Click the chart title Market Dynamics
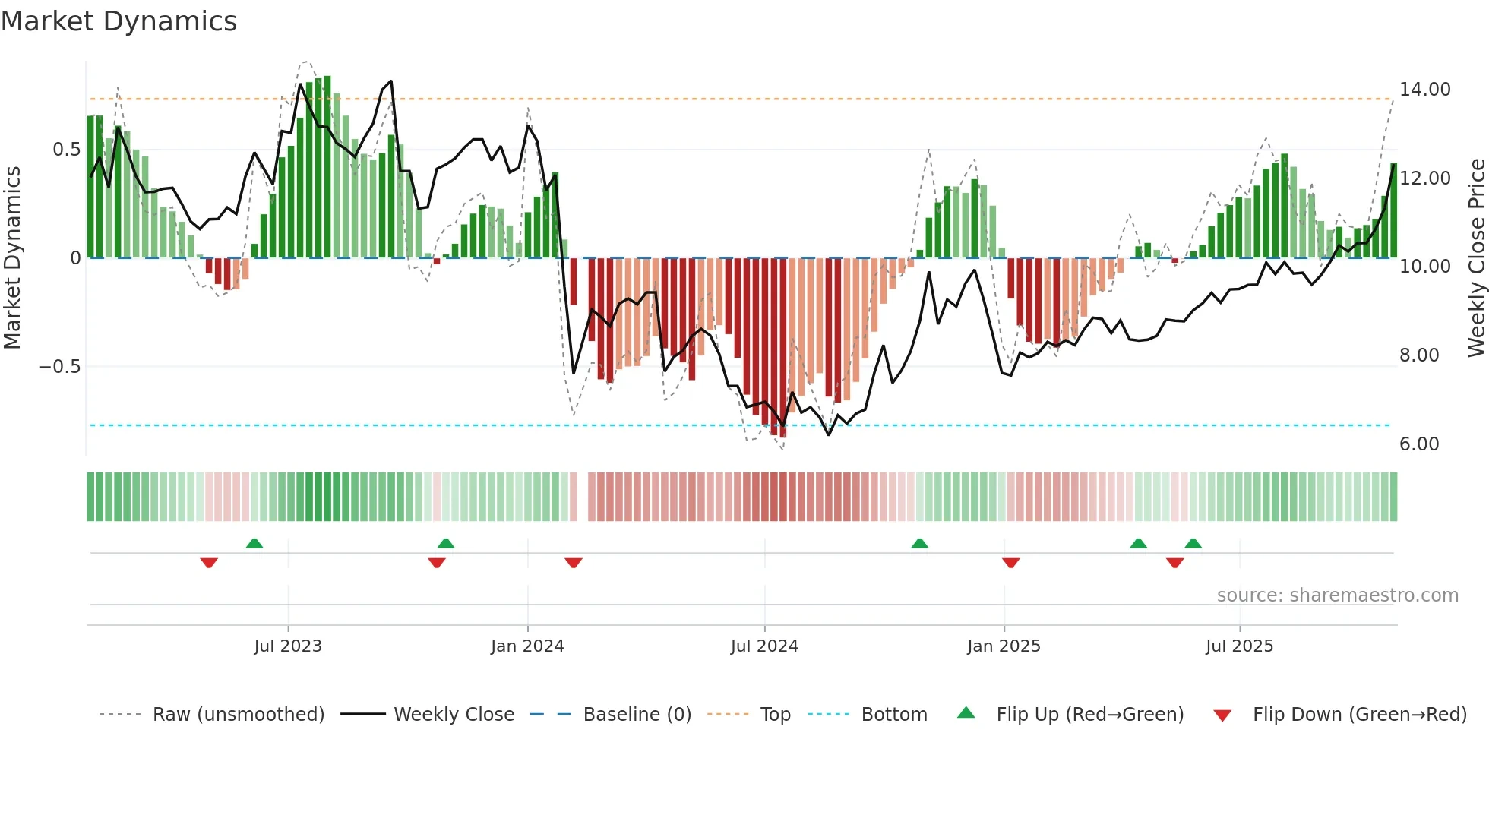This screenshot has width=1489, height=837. point(119,21)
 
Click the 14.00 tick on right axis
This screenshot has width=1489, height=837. point(1424,90)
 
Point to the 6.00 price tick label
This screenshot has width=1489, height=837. point(1418,444)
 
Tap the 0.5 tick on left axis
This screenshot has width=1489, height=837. point(66,150)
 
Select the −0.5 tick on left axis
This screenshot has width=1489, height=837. point(59,367)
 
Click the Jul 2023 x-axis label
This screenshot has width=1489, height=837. point(288,646)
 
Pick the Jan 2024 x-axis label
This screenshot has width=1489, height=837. point(527,646)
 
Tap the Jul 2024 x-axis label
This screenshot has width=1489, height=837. point(764,646)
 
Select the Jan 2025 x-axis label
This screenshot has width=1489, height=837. point(1004,646)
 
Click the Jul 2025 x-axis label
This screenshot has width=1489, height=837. point(1239,646)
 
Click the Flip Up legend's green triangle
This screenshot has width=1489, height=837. point(966,712)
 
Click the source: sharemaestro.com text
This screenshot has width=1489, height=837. point(1337,595)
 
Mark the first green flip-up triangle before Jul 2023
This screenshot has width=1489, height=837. point(254,544)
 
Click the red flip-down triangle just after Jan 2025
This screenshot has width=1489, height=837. point(1010,563)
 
